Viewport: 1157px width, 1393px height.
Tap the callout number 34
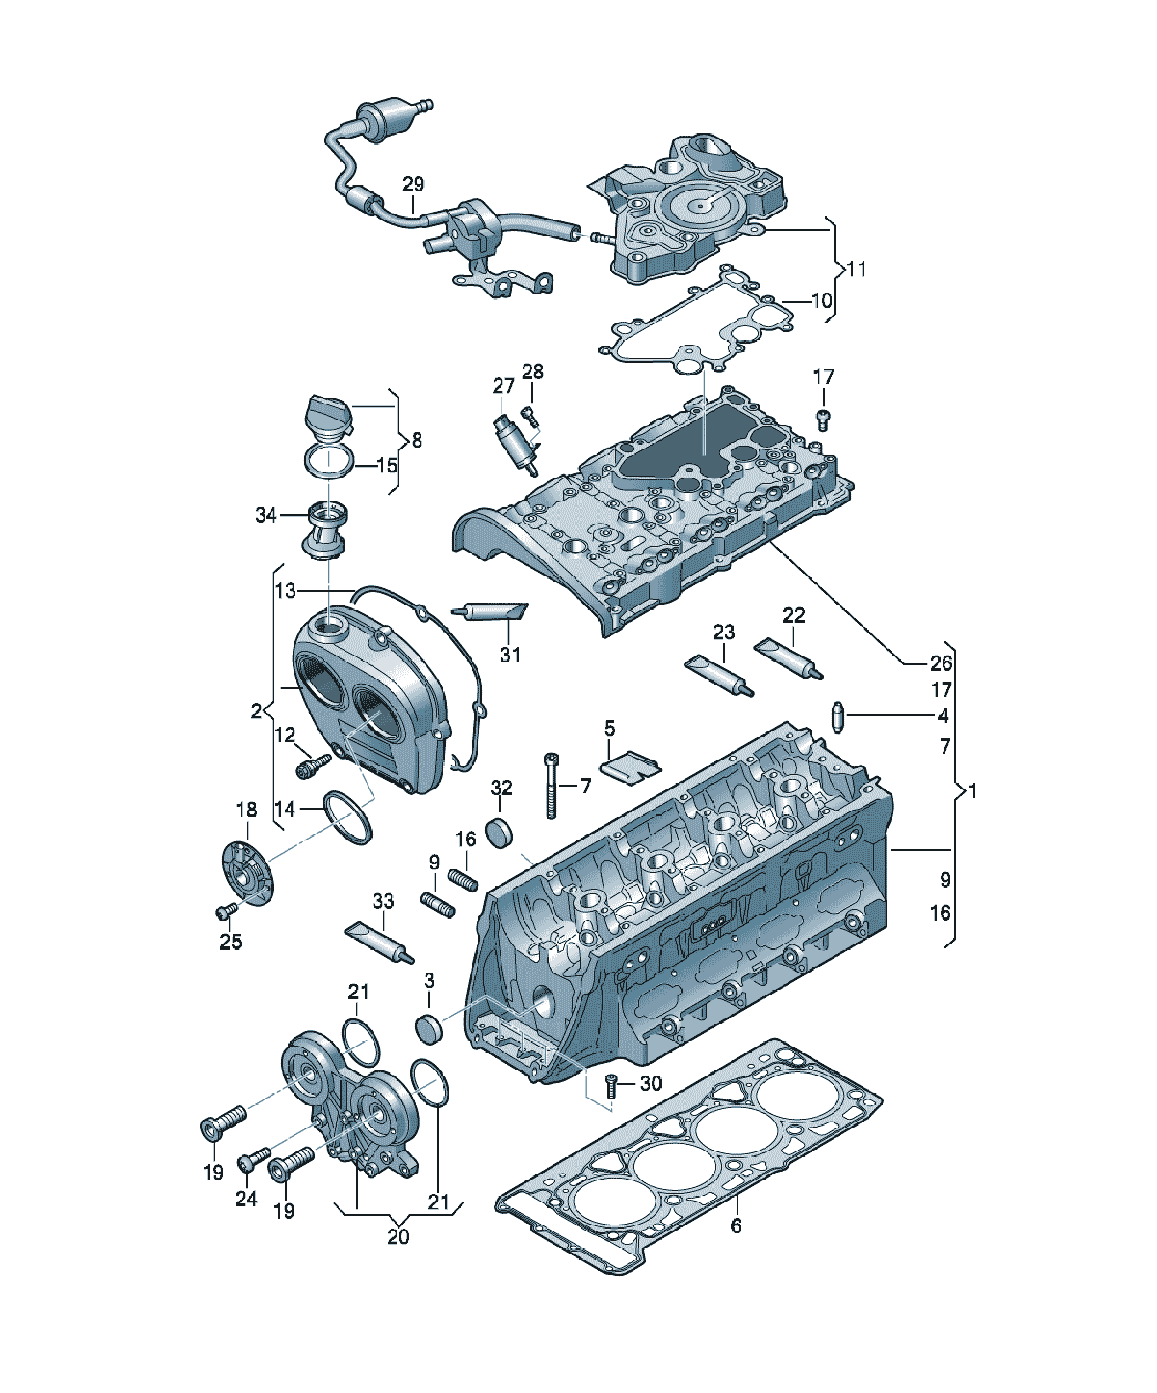click(266, 515)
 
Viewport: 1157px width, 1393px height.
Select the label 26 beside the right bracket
click(941, 663)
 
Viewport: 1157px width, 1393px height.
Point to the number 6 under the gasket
click(737, 1225)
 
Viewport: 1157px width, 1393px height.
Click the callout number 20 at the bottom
click(398, 1236)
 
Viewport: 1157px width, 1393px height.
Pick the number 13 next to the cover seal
click(285, 591)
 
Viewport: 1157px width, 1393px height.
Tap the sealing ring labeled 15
click(328, 462)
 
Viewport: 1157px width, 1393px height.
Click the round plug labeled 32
click(501, 833)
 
